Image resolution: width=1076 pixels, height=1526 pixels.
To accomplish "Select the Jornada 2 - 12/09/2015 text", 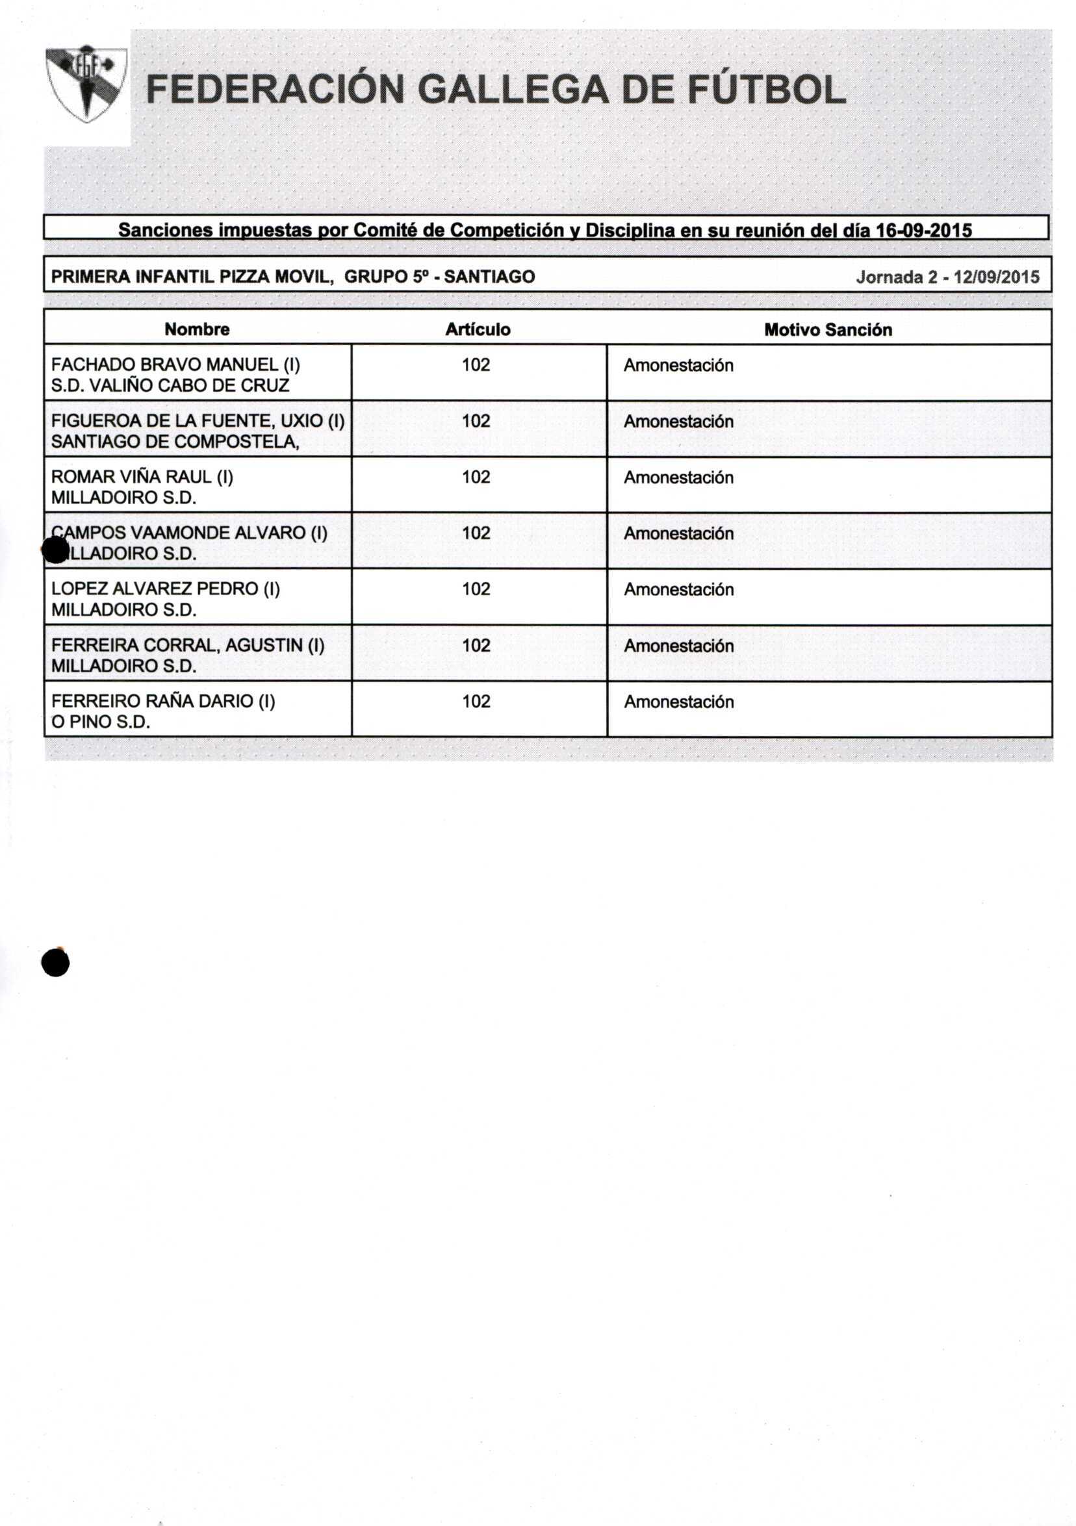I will (947, 277).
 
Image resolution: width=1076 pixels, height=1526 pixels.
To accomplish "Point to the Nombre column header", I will (197, 329).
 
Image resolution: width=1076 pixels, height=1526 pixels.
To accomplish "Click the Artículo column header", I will (477, 329).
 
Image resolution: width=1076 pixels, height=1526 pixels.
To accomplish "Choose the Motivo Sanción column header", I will (827, 329).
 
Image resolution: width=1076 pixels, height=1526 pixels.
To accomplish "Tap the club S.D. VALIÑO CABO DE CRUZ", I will (170, 385).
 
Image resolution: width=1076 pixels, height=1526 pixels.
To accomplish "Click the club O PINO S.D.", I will (100, 722).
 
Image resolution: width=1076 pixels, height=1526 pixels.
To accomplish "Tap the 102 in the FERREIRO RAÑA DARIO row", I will (476, 701).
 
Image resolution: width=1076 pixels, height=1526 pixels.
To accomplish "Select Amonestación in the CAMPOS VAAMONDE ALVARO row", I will (678, 534).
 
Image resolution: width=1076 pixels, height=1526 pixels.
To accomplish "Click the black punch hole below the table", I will (55, 961).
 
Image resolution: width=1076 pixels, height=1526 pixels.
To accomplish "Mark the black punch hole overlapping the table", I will (55, 550).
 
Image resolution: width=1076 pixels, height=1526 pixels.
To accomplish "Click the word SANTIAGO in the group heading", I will (489, 277).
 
